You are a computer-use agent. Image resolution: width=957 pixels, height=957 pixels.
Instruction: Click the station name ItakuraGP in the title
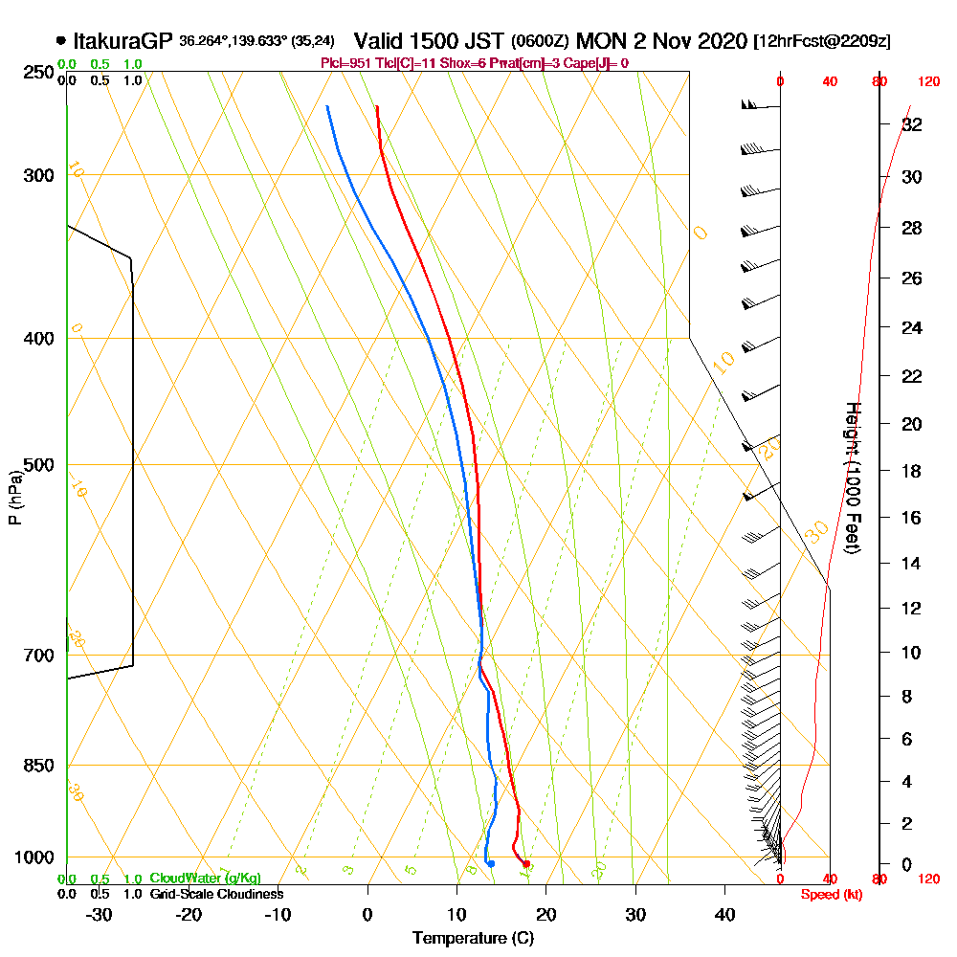tap(123, 41)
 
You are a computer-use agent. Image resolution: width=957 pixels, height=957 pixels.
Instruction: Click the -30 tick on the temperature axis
tap(100, 915)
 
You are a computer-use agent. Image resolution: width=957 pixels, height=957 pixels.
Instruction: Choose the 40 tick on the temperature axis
tap(724, 915)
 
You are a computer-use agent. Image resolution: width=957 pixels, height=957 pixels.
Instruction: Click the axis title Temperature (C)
tap(473, 939)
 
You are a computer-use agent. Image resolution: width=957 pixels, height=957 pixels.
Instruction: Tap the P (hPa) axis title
tap(14, 497)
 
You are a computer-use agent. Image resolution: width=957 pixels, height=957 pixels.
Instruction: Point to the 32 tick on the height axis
tap(912, 124)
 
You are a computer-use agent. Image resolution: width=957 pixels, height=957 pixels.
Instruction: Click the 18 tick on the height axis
tap(912, 471)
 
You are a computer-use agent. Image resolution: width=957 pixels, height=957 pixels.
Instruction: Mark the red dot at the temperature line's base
tap(526, 864)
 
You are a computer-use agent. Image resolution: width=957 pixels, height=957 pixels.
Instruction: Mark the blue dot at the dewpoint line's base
tap(491, 863)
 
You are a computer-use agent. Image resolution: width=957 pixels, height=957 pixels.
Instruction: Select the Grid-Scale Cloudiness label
tap(216, 894)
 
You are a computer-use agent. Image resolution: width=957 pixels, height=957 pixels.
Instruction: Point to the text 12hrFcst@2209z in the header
tap(822, 42)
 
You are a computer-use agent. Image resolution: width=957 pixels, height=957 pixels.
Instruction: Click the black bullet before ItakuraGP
tap(61, 41)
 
